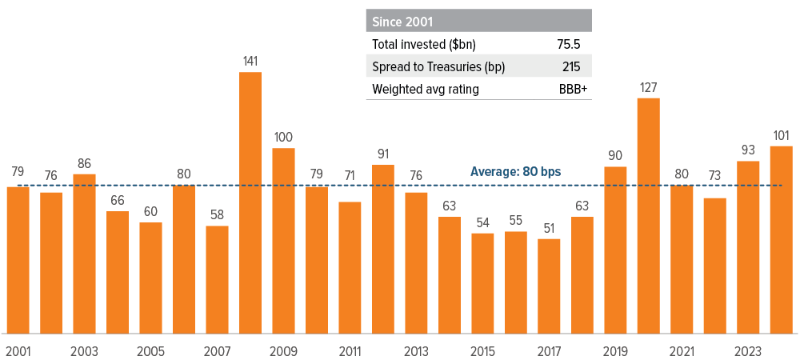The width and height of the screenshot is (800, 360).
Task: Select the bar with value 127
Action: click(x=649, y=215)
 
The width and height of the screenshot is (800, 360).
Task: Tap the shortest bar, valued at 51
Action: click(x=549, y=286)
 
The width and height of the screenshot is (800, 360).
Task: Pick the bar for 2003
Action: click(x=84, y=254)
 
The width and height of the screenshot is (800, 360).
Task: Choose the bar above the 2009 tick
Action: click(x=283, y=240)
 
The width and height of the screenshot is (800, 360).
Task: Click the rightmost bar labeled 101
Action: click(x=781, y=239)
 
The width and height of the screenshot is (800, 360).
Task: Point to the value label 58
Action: click(x=217, y=214)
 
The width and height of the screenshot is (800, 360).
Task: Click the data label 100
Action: click(x=283, y=137)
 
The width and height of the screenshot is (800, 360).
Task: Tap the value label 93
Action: click(x=748, y=150)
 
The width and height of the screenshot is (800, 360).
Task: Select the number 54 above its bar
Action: click(x=482, y=222)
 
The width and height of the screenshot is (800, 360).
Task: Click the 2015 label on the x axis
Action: click(x=482, y=351)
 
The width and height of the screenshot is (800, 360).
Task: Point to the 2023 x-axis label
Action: click(x=748, y=351)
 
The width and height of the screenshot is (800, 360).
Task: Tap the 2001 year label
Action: click(x=18, y=351)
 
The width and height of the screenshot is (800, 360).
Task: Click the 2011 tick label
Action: click(x=350, y=351)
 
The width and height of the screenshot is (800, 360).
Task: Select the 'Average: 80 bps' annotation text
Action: click(x=515, y=171)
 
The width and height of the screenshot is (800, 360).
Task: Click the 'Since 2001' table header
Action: click(x=398, y=21)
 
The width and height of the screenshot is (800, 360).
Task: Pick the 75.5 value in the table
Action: click(x=574, y=44)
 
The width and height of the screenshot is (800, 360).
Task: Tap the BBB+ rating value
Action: click(x=573, y=89)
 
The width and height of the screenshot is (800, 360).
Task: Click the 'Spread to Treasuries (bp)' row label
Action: click(x=438, y=66)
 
